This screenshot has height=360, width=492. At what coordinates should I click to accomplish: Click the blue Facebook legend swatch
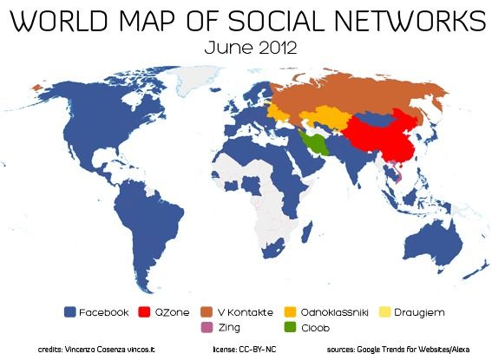pos(69,311)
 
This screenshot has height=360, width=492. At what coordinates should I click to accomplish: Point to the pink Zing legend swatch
pos(207,328)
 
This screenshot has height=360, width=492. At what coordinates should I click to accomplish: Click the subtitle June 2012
pos(246,47)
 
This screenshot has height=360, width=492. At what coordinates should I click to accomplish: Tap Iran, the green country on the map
pos(313,144)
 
